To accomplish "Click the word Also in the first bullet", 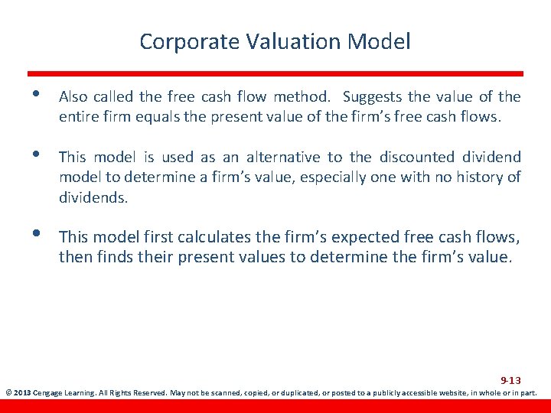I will pyautogui.click(x=73, y=97).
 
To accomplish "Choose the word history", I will pyautogui.click(x=480, y=177).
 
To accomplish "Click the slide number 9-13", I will pyautogui.click(x=510, y=380).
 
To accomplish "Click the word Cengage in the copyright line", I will pyautogui.click(x=50, y=393).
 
